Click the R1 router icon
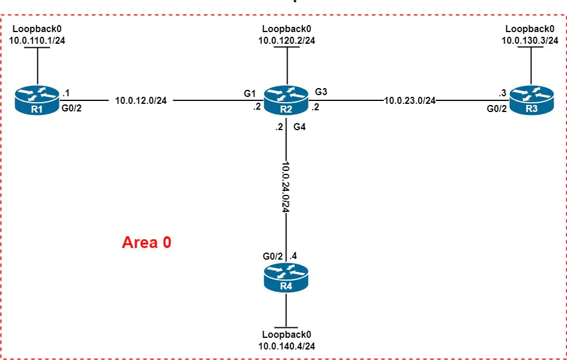pos(37,100)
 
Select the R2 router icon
pos(286,100)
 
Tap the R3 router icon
pos(530,100)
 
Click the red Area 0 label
pos(146,243)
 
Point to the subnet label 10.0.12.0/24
pos(141,100)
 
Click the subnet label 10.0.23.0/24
pos(410,100)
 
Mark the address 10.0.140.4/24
pos(286,346)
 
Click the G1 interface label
pos(250,93)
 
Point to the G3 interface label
pos(321,92)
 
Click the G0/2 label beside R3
pos(496,109)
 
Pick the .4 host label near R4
pos(294,256)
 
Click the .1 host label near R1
pos(66,92)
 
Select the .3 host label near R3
pos(502,92)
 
